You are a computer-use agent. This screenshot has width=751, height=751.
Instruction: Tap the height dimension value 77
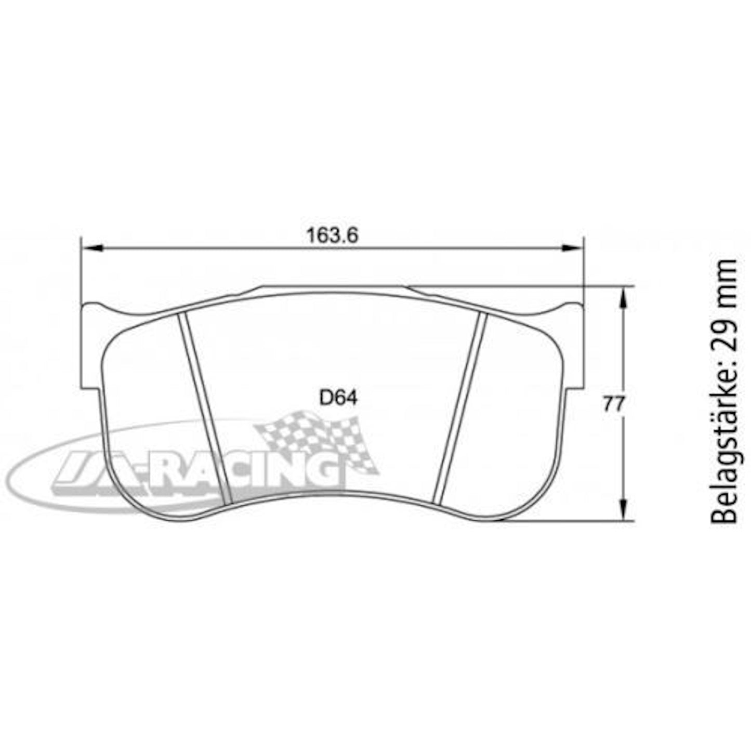tap(613, 404)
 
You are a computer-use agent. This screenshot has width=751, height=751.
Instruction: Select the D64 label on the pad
tap(338, 398)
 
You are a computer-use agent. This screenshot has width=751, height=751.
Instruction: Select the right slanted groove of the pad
tap(462, 408)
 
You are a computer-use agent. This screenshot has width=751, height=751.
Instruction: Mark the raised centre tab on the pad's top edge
tap(333, 289)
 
